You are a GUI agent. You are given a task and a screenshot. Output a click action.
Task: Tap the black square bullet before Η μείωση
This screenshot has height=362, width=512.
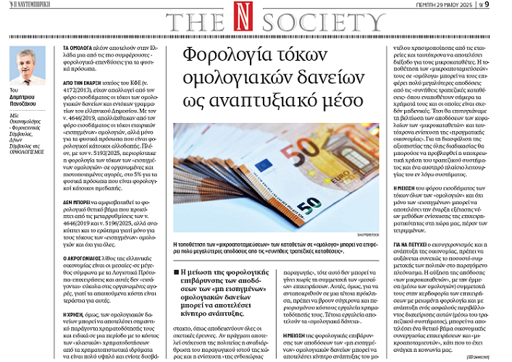(177, 272)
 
